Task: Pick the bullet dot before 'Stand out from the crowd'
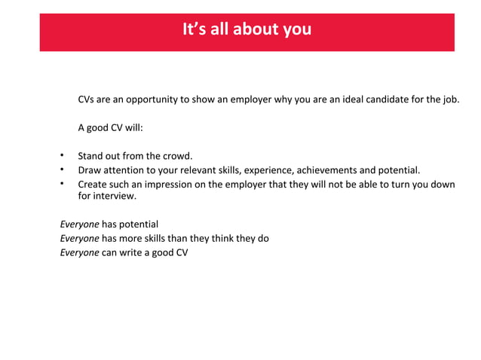click(x=63, y=157)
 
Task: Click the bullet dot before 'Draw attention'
click(x=63, y=170)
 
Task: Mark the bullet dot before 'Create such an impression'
click(x=63, y=184)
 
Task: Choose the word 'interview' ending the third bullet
click(x=114, y=197)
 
